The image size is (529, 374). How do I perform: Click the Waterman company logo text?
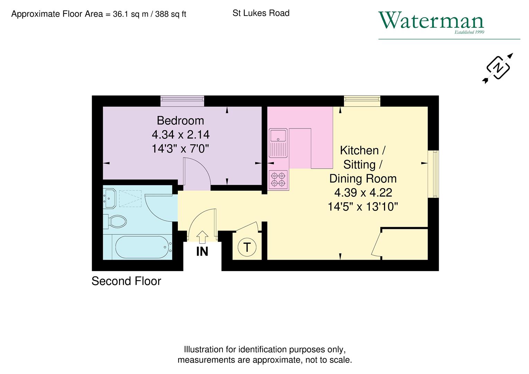tap(431, 21)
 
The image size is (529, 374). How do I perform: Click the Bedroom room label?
tap(180, 121)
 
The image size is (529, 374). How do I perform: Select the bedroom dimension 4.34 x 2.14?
tap(180, 134)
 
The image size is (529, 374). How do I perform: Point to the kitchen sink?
tap(278, 142)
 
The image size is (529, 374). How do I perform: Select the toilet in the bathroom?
tap(116, 221)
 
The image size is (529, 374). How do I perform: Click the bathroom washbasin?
tap(110, 198)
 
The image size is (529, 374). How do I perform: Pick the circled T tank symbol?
tap(247, 248)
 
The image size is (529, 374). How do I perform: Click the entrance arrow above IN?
tap(202, 237)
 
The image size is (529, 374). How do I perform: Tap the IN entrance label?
tap(202, 252)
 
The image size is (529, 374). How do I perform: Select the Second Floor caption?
tap(126, 281)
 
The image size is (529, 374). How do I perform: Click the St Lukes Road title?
tap(261, 13)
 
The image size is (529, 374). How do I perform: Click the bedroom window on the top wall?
tap(182, 101)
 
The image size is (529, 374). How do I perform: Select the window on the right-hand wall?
tap(434, 174)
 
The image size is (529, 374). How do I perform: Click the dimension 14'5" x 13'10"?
tap(363, 207)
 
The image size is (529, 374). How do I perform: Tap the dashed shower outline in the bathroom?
tap(130, 198)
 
